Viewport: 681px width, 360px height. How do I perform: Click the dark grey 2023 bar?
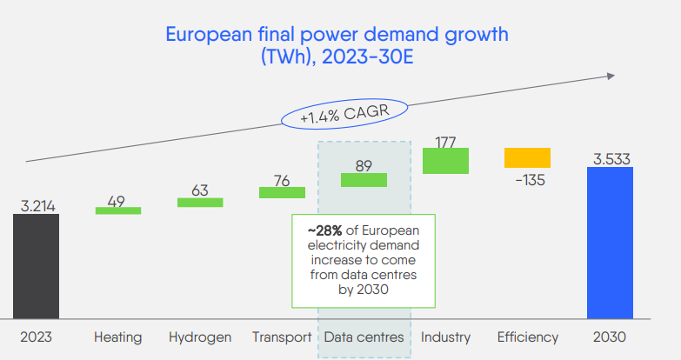point(36,266)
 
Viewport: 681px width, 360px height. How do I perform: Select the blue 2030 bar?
point(610,243)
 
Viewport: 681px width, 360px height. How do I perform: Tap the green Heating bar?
point(118,210)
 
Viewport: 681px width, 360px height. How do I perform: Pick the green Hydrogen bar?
point(200,203)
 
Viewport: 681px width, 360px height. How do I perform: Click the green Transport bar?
point(283,192)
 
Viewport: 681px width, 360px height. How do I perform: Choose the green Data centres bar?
point(364,180)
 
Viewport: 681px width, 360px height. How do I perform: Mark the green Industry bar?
point(445,161)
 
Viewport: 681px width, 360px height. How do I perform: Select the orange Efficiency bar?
point(527,157)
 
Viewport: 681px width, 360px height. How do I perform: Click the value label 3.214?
point(37,206)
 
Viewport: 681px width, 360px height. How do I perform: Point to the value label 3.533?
point(611,159)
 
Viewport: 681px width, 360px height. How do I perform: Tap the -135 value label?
point(530,180)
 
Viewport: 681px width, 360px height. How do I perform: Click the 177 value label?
point(445,143)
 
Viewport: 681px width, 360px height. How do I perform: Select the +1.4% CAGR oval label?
point(344,114)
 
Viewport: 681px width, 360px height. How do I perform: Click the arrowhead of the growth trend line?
point(611,76)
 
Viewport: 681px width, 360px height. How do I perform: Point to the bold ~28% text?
point(324,230)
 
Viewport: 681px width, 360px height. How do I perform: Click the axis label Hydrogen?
point(200,337)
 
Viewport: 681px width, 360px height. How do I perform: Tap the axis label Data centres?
point(364,337)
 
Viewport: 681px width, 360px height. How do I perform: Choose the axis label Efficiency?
point(528,337)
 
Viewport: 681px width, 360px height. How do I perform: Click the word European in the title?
point(209,35)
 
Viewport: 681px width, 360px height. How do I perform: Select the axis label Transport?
point(282,337)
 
